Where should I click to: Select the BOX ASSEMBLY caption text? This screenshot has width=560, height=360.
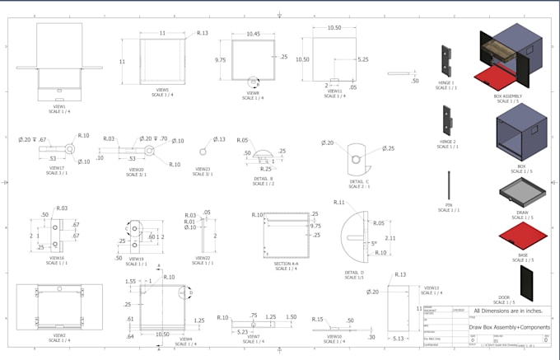(509, 96)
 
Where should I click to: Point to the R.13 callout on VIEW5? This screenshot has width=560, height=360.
(203, 33)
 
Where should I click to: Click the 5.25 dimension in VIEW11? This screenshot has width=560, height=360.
(362, 59)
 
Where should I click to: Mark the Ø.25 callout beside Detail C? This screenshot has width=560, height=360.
(388, 148)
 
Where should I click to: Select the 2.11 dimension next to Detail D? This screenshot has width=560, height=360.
(390, 238)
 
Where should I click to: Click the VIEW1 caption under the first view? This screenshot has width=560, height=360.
(59, 106)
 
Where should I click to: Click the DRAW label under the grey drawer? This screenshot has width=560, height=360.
(521, 213)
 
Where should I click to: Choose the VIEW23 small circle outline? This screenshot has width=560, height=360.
(202, 152)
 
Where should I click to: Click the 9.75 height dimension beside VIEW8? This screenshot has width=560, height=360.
(221, 60)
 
